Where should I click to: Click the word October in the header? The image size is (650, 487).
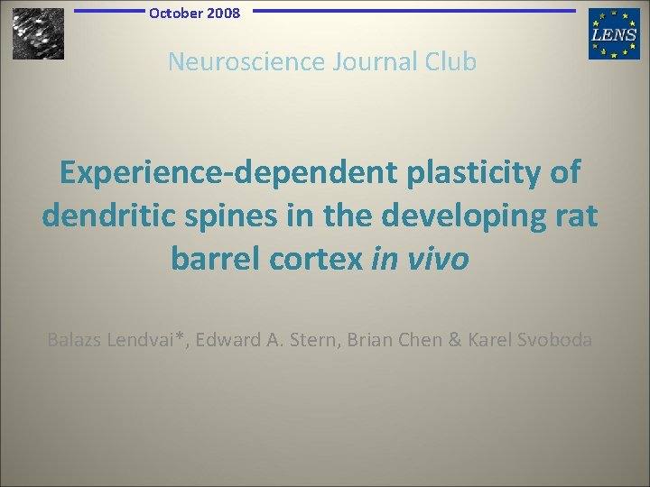[x=177, y=13]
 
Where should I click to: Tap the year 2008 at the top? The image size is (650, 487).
[x=224, y=13]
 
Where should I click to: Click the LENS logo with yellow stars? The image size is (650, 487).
[x=614, y=33]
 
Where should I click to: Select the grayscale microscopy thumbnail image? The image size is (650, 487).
[x=38, y=33]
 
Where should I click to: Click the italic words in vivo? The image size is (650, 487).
[x=420, y=260]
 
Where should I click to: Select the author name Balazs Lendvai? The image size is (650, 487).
[x=114, y=340]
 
